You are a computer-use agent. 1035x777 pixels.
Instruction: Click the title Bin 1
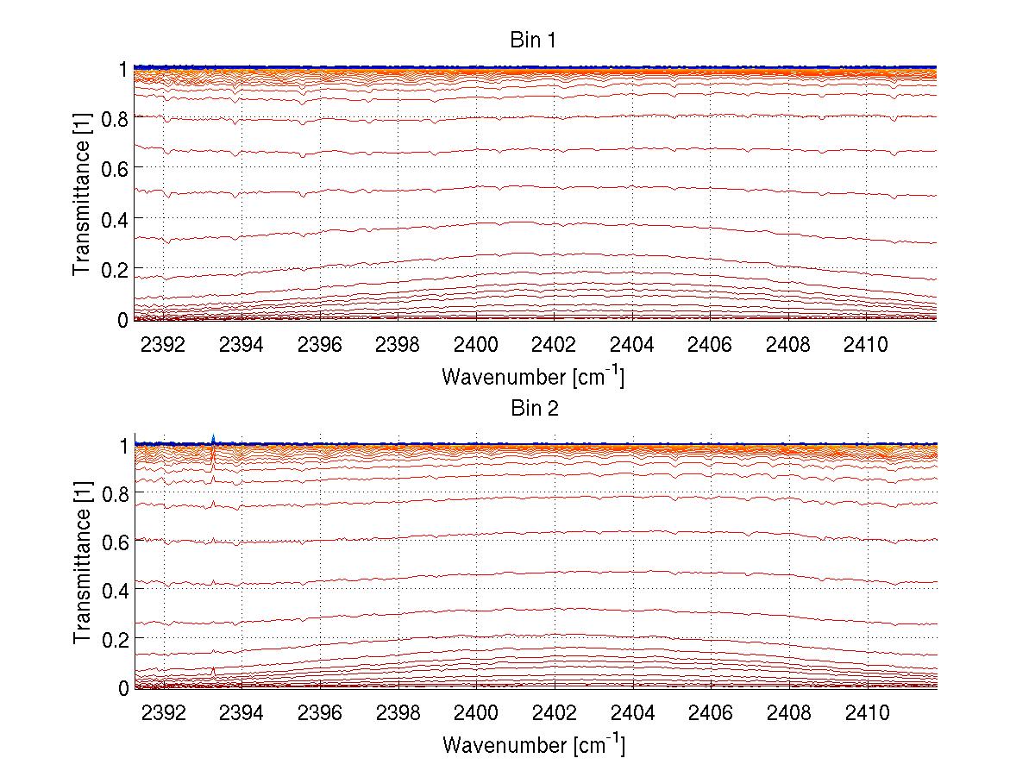click(x=533, y=40)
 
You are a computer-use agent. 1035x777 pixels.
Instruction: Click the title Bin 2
click(x=533, y=409)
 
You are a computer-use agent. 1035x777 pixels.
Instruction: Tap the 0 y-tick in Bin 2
click(x=123, y=687)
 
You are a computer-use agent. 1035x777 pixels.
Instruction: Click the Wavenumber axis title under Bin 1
click(x=533, y=376)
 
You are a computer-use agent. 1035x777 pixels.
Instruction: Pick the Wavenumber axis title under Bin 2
click(x=533, y=744)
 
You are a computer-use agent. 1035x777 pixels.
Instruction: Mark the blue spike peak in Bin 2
click(x=213, y=435)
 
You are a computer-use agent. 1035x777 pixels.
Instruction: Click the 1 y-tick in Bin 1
click(x=123, y=68)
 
